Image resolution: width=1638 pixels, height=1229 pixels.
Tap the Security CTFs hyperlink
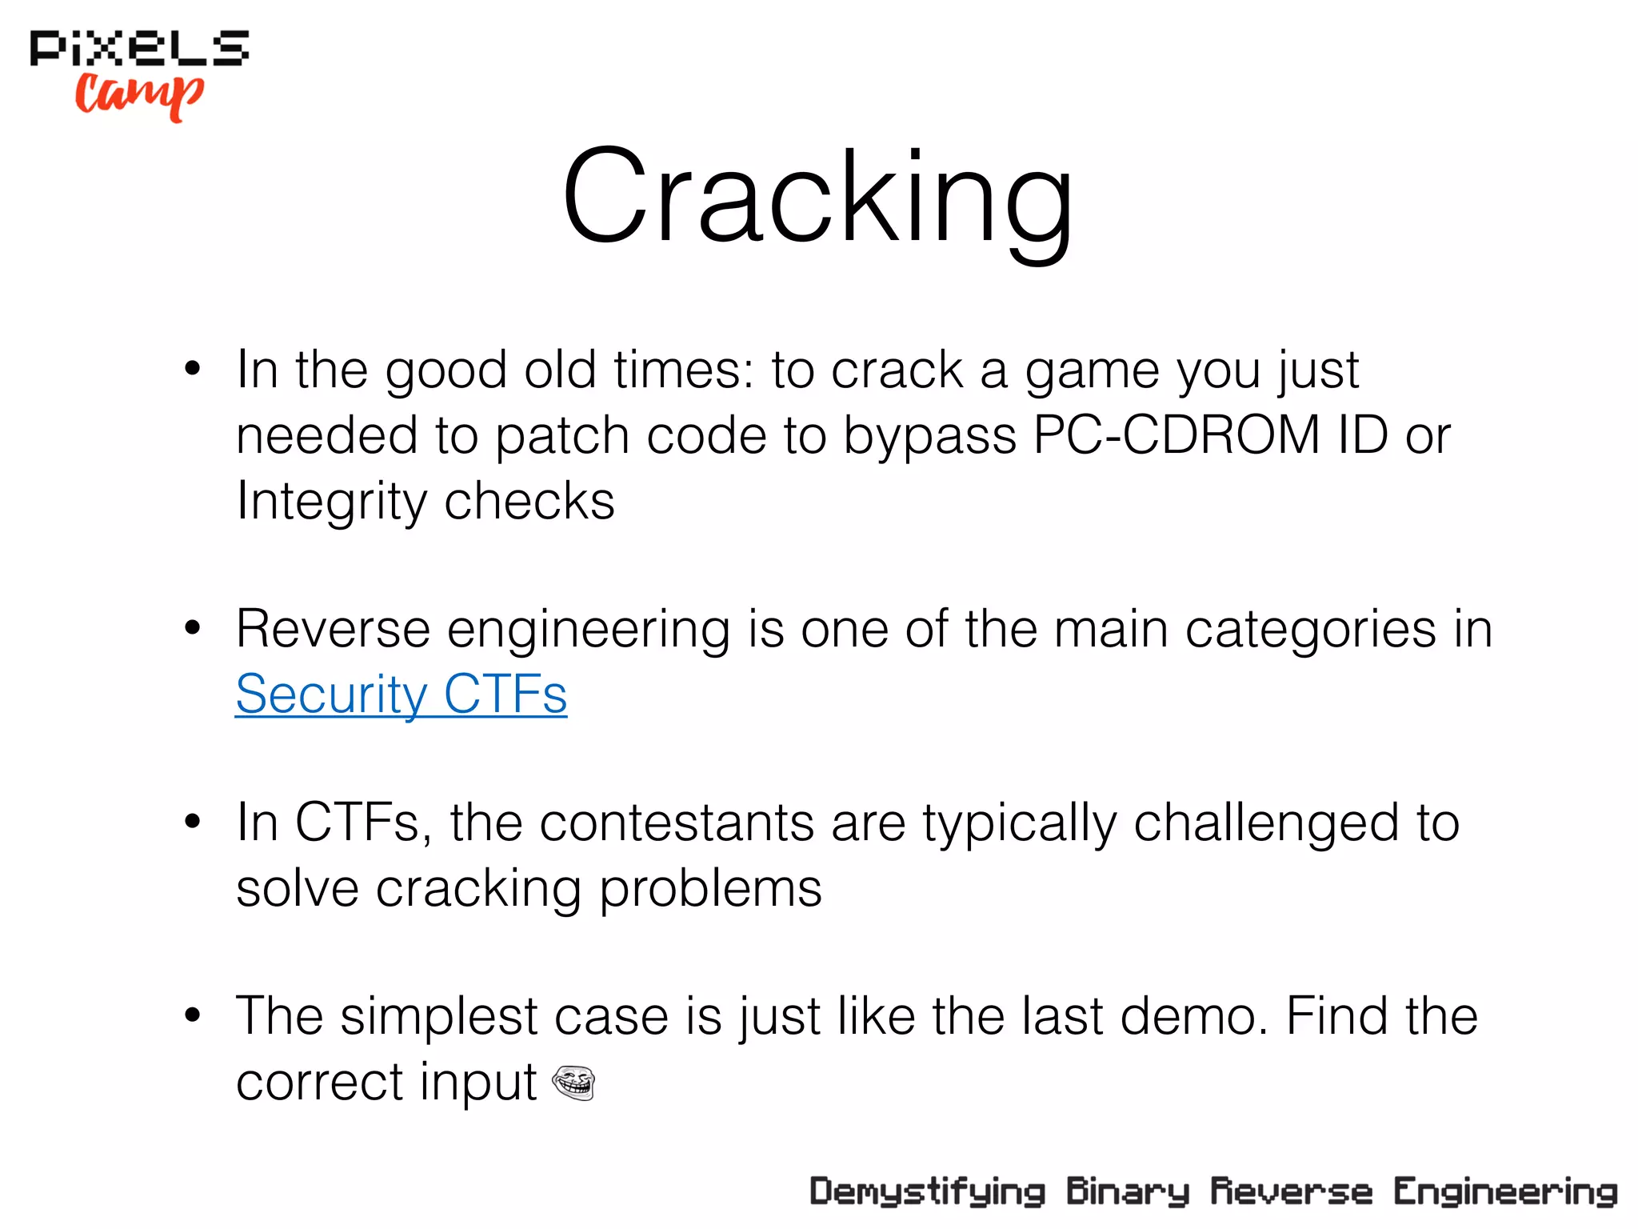(401, 694)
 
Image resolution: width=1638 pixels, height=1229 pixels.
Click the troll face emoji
(573, 1083)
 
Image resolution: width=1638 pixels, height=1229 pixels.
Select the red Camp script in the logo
(140, 94)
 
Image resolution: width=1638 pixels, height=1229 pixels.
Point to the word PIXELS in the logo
(139, 48)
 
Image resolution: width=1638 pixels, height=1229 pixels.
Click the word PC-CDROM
(1177, 436)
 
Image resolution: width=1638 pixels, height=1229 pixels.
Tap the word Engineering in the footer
(1505, 1192)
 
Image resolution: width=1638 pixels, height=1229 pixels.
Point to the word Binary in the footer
(1127, 1192)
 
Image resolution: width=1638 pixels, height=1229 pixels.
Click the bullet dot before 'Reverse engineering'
(192, 628)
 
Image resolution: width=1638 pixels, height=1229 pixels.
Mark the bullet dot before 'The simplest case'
(192, 1015)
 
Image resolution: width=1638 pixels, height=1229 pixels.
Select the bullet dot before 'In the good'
(192, 369)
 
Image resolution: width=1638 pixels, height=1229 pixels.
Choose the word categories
(1311, 629)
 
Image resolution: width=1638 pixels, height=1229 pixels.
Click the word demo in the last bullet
(1193, 1017)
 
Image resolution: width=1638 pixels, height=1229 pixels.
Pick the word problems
(710, 889)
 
